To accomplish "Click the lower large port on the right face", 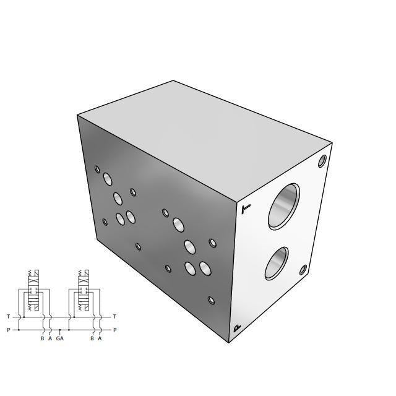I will (x=278, y=263).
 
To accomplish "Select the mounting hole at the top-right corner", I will (x=322, y=161).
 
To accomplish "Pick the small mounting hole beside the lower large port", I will (x=303, y=270).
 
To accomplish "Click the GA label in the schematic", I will (x=59, y=338).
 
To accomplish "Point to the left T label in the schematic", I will (x=9, y=317).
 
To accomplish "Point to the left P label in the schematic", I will (x=9, y=330).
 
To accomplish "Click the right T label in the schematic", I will (x=115, y=317).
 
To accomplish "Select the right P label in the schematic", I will (x=115, y=330).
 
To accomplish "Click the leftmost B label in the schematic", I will (x=42, y=338).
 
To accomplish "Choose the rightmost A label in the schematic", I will (x=100, y=338).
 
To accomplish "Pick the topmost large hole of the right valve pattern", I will (x=178, y=223).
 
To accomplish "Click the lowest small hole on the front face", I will (x=212, y=300).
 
